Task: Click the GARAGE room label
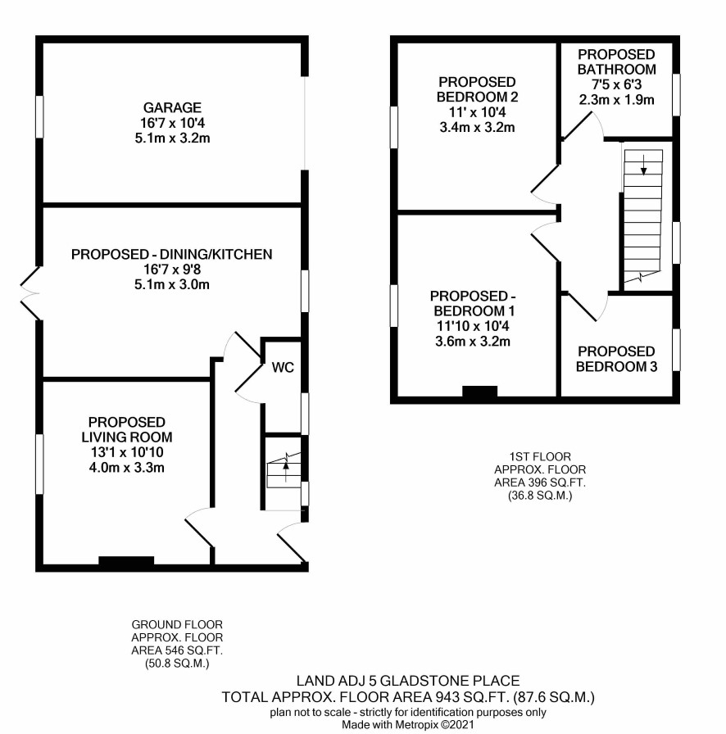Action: pos(172,107)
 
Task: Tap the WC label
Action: pos(283,368)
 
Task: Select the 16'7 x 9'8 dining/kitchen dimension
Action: pos(172,270)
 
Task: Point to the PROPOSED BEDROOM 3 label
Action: pos(616,359)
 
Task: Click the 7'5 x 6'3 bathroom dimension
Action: pos(616,84)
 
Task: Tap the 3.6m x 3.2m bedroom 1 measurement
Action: pos(473,342)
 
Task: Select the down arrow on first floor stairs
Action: pos(643,165)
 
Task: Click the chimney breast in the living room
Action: pos(126,561)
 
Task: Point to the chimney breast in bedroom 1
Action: pos(480,391)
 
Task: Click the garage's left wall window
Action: pos(40,117)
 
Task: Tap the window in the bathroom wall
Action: pos(676,94)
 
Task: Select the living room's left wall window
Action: pos(40,464)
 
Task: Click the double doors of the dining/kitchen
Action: pos(30,294)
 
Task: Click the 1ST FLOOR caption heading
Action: pos(540,456)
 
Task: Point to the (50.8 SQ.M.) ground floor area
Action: pos(177,664)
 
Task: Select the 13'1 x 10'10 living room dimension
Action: pos(126,452)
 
